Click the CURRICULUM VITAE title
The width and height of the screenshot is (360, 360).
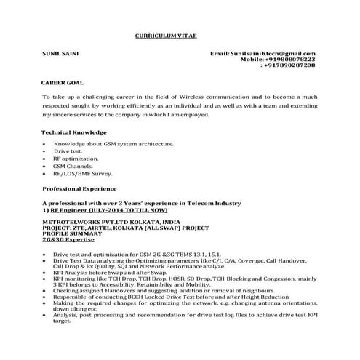166,36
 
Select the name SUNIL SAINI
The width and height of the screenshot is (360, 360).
62,54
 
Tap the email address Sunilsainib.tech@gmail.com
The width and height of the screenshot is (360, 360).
263,54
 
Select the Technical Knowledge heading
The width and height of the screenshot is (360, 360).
74,132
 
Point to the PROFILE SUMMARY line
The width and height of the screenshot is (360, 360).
72,233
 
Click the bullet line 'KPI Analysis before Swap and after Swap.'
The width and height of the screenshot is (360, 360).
111,271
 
